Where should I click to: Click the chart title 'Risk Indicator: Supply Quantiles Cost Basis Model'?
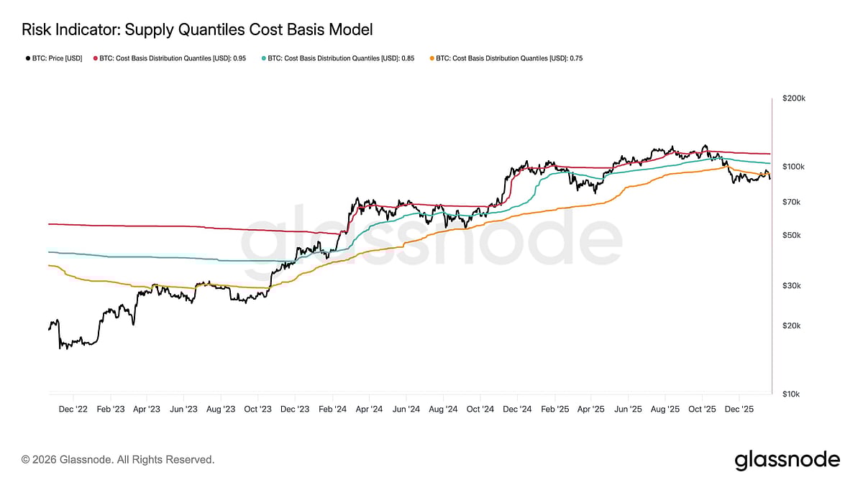[197, 29]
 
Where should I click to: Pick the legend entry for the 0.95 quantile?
[169, 58]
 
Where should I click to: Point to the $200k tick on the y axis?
[794, 98]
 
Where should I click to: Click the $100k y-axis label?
[794, 167]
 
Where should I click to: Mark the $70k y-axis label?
[793, 202]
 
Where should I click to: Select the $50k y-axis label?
[793, 235]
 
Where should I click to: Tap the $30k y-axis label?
[793, 285]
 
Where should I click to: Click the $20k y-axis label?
[793, 325]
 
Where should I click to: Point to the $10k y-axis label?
[793, 394]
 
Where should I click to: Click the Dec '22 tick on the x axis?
[73, 409]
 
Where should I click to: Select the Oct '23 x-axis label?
[257, 409]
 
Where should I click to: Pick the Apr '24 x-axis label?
[368, 409]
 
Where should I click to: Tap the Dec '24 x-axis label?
[516, 409]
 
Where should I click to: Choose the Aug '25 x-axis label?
[665, 409]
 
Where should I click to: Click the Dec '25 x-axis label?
[739, 409]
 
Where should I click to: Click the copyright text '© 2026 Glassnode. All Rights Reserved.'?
[118, 459]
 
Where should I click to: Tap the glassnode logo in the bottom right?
[787, 460]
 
